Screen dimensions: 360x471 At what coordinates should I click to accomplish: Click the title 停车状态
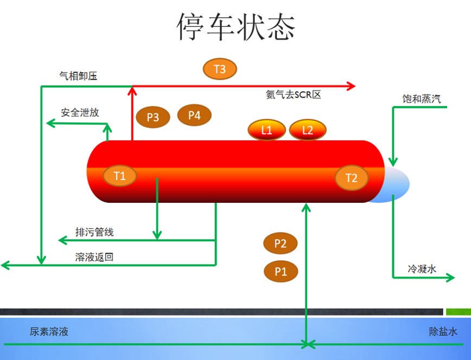pos(236,27)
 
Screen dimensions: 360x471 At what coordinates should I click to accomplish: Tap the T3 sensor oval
pos(220,69)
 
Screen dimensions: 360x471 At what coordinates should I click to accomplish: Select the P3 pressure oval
pos(153,117)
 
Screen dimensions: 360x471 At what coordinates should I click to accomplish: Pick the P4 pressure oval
pos(194,115)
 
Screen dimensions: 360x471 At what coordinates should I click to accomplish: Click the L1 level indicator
pos(266,130)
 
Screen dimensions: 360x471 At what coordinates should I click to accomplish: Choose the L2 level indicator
pos(308,130)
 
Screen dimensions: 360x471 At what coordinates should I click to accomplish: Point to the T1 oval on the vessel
pos(119,176)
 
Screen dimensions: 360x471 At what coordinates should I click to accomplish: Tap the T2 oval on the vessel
pos(352,178)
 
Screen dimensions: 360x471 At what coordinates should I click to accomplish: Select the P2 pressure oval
pos(280,244)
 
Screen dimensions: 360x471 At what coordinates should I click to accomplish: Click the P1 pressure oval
pos(281,271)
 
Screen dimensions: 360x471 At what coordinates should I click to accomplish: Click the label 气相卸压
pos(78,76)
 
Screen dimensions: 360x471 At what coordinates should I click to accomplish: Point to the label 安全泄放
pos(80,113)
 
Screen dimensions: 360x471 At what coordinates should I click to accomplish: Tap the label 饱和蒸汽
pos(421,99)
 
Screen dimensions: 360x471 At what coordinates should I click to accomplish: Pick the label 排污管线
pos(94,233)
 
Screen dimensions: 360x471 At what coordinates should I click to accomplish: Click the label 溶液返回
pos(94,257)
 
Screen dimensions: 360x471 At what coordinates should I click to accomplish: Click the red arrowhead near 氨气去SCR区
pos(351,86)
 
